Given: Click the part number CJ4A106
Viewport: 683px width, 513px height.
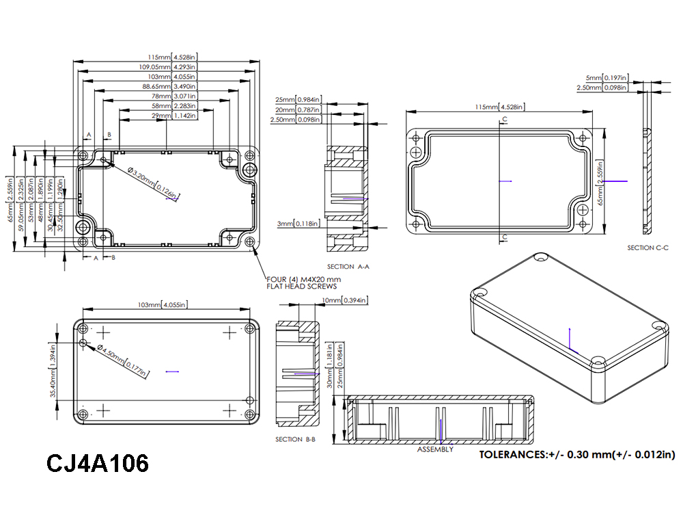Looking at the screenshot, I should pyautogui.click(x=98, y=463).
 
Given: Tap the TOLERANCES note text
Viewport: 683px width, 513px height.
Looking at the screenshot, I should pyautogui.click(x=577, y=454).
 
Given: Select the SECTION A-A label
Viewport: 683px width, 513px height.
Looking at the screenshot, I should pyautogui.click(x=348, y=267).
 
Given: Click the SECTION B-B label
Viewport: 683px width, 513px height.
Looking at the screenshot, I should pyautogui.click(x=295, y=439).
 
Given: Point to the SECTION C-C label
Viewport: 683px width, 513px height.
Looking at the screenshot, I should pyautogui.click(x=647, y=248).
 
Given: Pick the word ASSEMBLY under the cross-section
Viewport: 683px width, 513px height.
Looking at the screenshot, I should pyautogui.click(x=435, y=449).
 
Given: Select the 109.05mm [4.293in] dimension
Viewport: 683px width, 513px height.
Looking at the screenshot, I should pyautogui.click(x=167, y=67).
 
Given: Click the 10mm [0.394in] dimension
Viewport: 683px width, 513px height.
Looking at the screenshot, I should pyautogui.click(x=344, y=300).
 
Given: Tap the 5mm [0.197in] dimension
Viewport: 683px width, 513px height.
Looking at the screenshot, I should pyautogui.click(x=607, y=79).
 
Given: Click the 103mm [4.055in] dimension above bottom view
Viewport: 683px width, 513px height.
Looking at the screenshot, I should pyautogui.click(x=163, y=304).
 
